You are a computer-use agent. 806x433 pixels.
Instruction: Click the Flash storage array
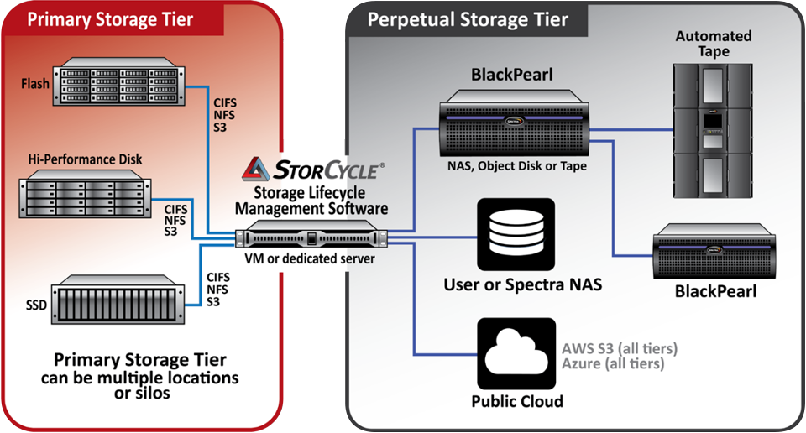click(118, 81)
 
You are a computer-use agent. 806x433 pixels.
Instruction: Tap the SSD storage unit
click(118, 300)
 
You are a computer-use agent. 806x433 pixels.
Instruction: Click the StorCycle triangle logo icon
click(255, 169)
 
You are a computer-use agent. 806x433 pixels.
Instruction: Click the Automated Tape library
click(713, 131)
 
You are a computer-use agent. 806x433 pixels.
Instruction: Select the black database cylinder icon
click(516, 234)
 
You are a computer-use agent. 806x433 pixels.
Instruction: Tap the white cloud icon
click(516, 352)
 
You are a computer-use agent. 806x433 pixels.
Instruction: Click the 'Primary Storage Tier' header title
click(110, 19)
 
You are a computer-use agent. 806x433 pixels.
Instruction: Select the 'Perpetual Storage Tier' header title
click(468, 19)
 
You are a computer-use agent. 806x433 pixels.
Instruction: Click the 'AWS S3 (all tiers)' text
click(620, 348)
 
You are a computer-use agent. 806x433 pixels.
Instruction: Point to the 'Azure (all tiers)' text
click(613, 363)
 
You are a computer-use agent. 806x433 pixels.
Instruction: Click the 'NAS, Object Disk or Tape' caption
click(516, 166)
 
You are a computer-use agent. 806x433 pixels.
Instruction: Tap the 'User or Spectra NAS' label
click(523, 284)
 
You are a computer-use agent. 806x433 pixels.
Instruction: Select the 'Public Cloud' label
click(517, 401)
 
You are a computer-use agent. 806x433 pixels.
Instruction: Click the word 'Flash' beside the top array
click(35, 83)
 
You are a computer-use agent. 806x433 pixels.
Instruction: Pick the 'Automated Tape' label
click(714, 44)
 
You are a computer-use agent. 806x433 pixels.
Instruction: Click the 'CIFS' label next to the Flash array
click(225, 102)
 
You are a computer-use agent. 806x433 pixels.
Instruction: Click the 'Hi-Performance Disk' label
click(85, 159)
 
